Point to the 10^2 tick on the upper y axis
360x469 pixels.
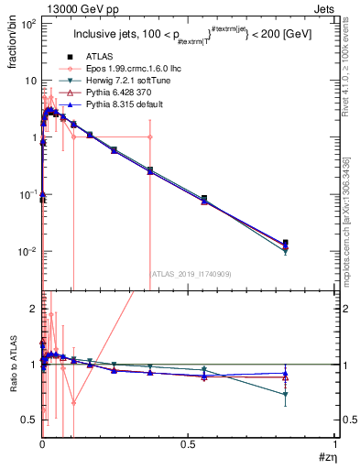27,24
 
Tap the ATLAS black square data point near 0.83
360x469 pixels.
286,243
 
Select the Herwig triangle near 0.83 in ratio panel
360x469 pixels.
286,395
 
